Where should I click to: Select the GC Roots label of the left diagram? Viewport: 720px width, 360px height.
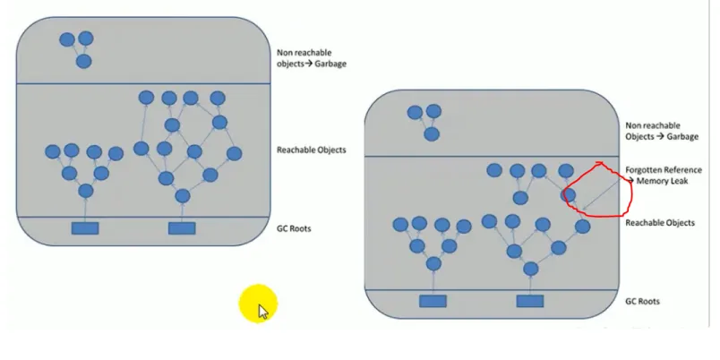click(x=295, y=228)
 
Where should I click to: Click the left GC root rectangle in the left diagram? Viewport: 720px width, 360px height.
click(x=85, y=228)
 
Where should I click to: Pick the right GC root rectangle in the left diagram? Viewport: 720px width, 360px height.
click(x=182, y=228)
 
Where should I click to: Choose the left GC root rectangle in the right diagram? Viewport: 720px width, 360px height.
click(x=433, y=301)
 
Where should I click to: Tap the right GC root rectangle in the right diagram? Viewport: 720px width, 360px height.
click(x=530, y=301)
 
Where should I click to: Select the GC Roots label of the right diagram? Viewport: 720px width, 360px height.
click(x=643, y=302)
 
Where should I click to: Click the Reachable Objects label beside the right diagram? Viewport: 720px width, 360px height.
click(x=661, y=222)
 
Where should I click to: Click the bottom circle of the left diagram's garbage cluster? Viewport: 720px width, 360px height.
click(x=83, y=62)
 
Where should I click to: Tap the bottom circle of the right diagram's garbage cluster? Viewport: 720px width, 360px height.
click(x=432, y=134)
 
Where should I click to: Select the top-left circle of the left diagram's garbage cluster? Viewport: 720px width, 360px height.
click(x=67, y=39)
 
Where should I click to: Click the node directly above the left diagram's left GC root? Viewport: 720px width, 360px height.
click(x=86, y=191)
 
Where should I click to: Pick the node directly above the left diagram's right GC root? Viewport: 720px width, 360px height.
click(x=183, y=196)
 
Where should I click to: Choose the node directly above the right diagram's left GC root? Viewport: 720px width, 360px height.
click(x=433, y=264)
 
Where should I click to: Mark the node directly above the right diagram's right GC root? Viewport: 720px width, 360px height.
click(x=530, y=268)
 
